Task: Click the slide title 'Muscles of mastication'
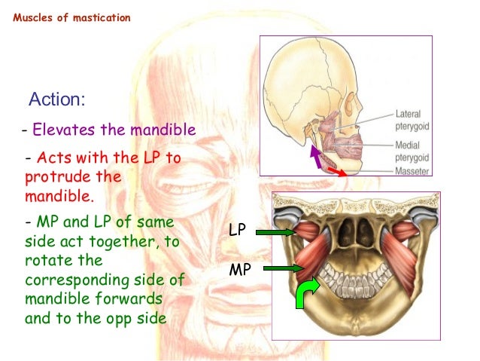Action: pos(71,17)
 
